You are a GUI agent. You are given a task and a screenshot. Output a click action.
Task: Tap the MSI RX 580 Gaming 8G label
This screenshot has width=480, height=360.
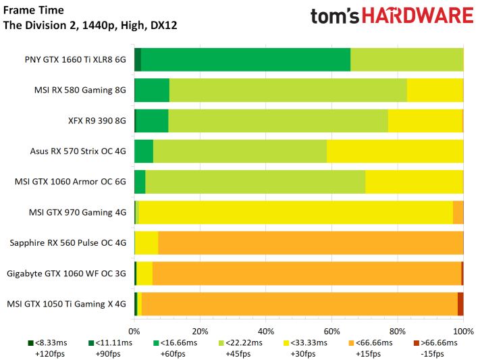tap(80, 90)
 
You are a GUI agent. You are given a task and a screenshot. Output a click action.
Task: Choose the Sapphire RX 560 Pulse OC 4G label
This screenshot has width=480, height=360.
tap(68, 242)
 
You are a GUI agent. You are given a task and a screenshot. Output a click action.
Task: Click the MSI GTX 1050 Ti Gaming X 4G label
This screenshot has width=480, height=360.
tap(66, 304)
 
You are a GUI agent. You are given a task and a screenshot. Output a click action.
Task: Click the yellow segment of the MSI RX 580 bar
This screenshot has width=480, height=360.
tap(434, 90)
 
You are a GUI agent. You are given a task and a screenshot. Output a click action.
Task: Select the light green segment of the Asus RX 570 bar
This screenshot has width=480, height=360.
tap(240, 151)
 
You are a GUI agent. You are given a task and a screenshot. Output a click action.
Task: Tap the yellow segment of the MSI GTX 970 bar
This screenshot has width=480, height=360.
tap(295, 212)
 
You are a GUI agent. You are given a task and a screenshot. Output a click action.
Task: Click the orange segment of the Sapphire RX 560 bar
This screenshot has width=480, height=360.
tap(311, 242)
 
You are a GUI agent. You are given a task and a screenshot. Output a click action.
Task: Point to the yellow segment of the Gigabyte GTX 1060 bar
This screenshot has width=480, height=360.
tap(144, 274)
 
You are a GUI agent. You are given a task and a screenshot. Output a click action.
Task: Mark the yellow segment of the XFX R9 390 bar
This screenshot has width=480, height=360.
tap(425, 121)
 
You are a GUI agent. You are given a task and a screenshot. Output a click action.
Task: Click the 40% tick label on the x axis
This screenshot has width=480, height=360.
tap(266, 332)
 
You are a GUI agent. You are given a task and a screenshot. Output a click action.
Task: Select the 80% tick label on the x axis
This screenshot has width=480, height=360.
tap(397, 332)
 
